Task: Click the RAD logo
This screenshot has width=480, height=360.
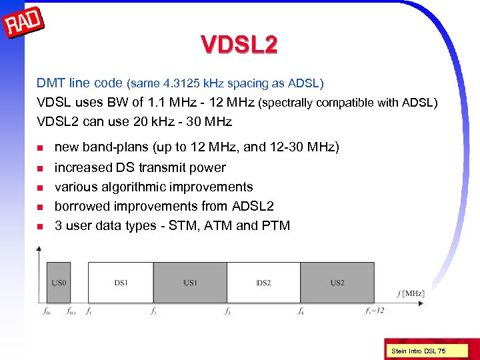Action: tap(24, 24)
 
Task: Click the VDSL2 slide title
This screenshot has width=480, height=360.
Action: tap(239, 45)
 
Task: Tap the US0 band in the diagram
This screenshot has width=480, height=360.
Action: tap(59, 283)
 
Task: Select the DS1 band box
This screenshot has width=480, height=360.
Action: tap(121, 283)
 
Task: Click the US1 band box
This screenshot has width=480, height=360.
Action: tap(190, 283)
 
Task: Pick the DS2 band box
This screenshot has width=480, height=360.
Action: tap(263, 283)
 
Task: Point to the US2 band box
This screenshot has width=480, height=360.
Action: tap(337, 283)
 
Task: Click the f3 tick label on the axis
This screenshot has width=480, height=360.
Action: tap(228, 311)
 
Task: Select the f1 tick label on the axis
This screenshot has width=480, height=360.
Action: tap(89, 311)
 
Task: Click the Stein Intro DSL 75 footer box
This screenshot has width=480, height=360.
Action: tap(419, 351)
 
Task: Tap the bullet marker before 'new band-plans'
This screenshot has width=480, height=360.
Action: tap(40, 148)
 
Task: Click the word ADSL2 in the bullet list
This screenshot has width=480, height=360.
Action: tap(253, 206)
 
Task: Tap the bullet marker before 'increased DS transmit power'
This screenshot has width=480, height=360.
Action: tap(40, 168)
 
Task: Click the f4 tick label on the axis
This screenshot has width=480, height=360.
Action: tap(301, 311)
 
